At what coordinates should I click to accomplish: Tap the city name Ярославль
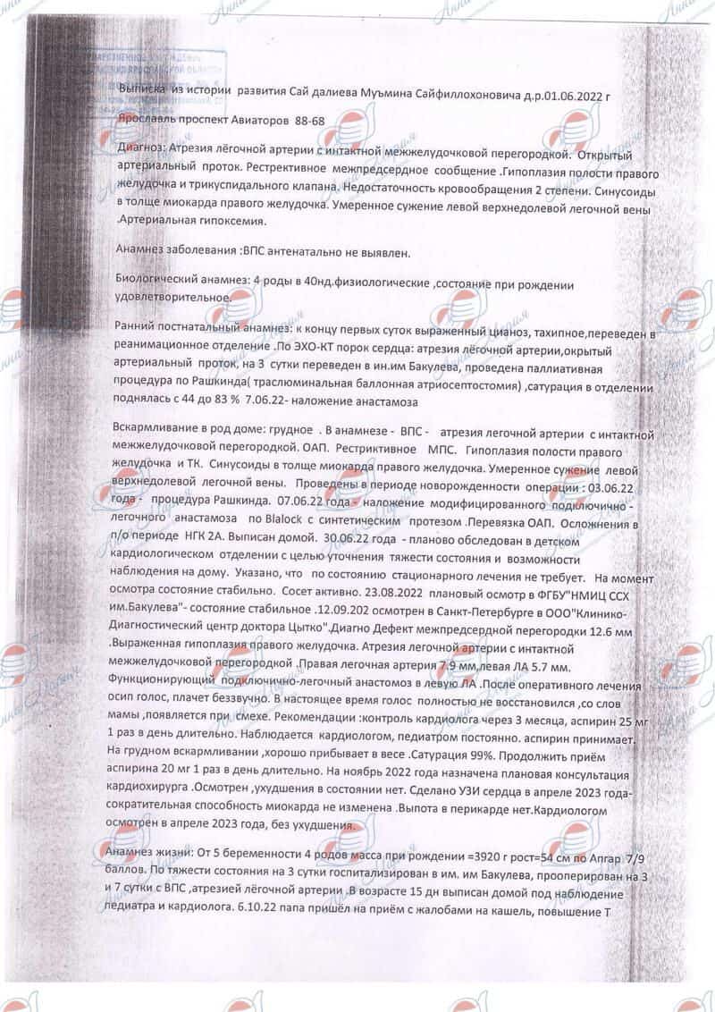coord(147,118)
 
